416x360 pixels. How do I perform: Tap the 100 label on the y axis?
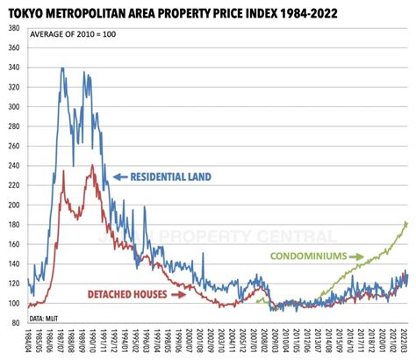15,304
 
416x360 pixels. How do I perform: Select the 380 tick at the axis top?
15,28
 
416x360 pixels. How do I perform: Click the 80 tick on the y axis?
17,323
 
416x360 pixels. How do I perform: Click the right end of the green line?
408,222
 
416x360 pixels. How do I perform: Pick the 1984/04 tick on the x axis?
30,341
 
